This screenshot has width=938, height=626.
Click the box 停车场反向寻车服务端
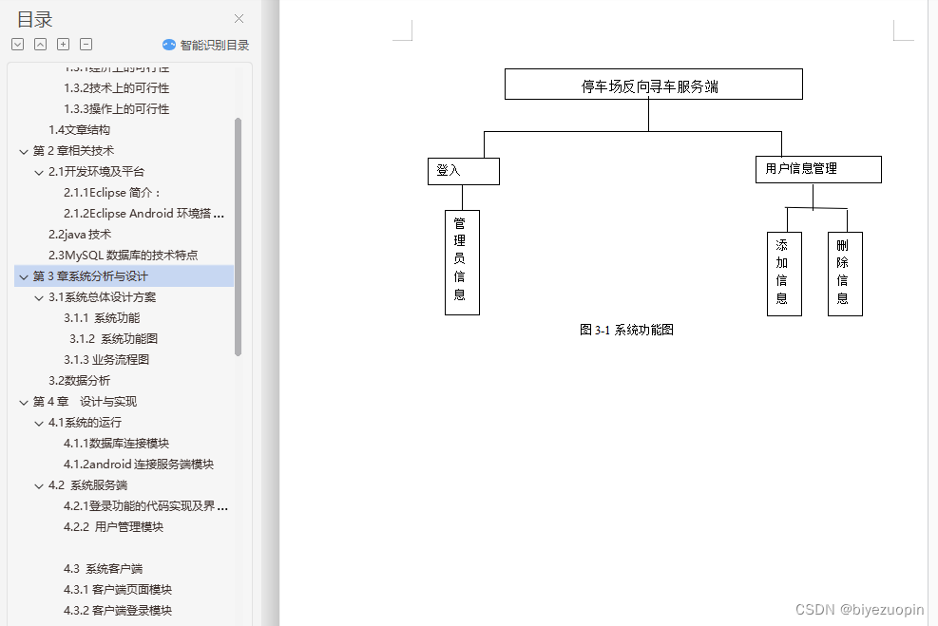tap(653, 85)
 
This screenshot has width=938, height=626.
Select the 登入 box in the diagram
tap(463, 171)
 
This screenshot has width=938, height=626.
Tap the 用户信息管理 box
tap(817, 169)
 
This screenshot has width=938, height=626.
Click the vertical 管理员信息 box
tap(462, 261)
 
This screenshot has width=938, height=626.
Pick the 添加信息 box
tap(783, 274)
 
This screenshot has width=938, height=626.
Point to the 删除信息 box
tap(844, 274)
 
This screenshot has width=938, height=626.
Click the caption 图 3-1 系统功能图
tap(626, 330)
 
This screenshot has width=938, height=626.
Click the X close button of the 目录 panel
tap(239, 18)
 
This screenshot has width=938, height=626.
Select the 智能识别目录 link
tap(206, 45)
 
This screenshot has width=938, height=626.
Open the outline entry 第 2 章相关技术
tap(73, 151)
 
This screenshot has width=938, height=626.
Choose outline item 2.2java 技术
tap(80, 235)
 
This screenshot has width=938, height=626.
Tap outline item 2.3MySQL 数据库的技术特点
tap(123, 256)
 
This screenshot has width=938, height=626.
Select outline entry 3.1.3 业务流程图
tap(106, 360)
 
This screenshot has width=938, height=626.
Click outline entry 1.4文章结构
tap(79, 130)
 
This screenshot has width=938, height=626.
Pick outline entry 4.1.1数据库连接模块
tap(116, 444)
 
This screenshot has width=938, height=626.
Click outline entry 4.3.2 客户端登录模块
tap(118, 611)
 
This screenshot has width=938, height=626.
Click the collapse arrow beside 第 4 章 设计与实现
tap(24, 402)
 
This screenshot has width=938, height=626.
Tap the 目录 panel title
tap(35, 19)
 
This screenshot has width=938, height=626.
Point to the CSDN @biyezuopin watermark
tap(859, 610)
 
